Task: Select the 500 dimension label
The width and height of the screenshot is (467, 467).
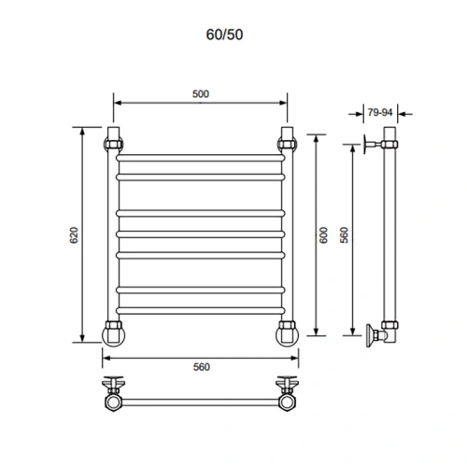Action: [199, 92]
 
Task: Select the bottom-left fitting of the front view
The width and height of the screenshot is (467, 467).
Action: [114, 331]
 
